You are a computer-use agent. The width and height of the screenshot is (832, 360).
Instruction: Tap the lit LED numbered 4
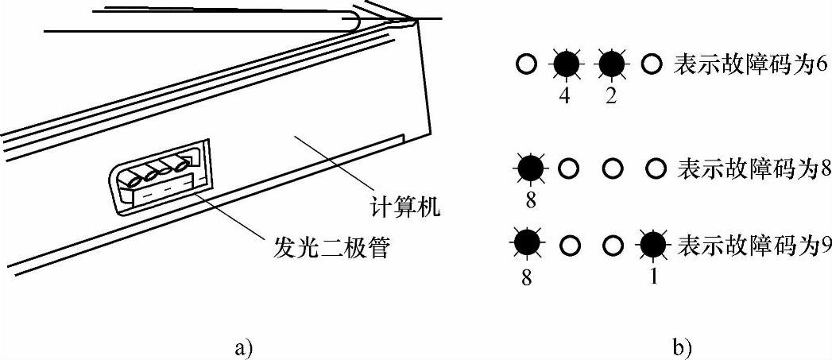[x=567, y=64]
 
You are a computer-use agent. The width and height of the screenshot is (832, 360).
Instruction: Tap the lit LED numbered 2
[x=611, y=64]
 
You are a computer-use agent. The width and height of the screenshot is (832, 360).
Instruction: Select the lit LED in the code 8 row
[x=530, y=168]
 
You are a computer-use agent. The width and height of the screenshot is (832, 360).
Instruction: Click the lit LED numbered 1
[x=653, y=247]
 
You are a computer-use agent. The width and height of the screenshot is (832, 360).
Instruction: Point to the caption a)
[x=244, y=346]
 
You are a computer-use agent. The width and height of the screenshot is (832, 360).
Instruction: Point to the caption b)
[x=683, y=346]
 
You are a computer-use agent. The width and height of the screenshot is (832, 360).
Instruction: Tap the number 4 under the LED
[x=566, y=95]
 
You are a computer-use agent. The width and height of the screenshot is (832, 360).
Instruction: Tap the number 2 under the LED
[x=610, y=95]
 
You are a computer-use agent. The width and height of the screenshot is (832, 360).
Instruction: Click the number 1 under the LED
[x=653, y=278]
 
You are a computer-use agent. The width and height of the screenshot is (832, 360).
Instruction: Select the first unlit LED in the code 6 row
[x=525, y=64]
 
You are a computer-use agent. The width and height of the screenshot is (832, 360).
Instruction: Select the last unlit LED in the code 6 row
[x=652, y=64]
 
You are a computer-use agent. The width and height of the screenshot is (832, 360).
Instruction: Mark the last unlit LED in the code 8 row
[x=655, y=168]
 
